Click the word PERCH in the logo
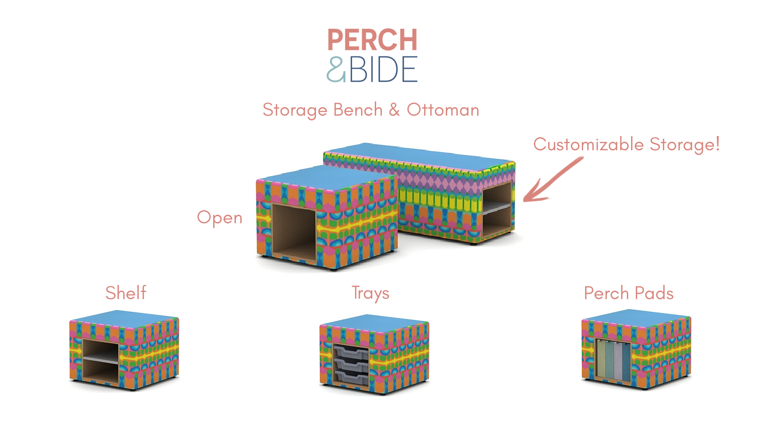372,40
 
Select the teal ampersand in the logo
336,70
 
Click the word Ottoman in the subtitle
443,110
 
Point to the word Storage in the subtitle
295,110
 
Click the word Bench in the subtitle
358,110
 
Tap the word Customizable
588,144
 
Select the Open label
219,218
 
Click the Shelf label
126,293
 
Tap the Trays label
370,293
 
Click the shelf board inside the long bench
497,208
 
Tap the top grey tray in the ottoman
351,352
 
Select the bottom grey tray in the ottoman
351,377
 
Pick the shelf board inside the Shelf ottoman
101,360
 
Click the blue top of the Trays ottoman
374,322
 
